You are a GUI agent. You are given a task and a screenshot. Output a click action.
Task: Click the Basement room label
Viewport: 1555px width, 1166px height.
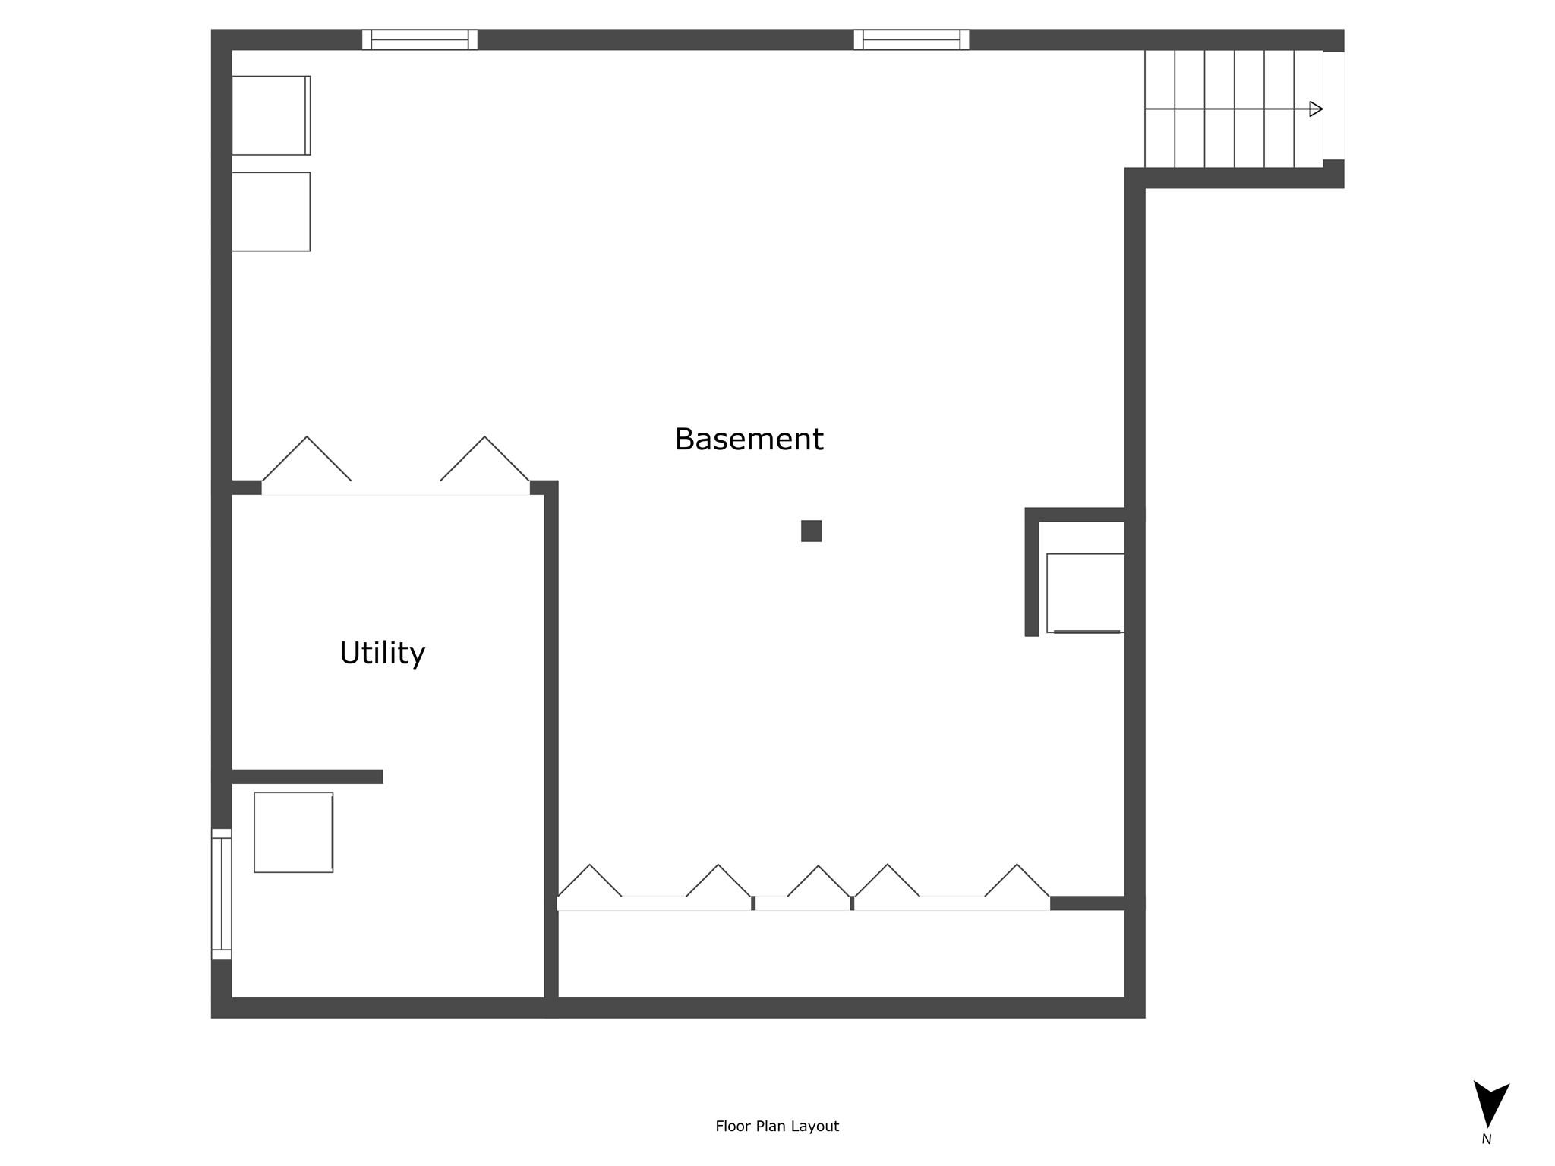[749, 440]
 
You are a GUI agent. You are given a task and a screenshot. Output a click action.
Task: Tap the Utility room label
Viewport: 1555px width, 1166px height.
[382, 654]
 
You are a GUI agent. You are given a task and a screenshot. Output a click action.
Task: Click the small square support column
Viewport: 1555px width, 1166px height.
[811, 531]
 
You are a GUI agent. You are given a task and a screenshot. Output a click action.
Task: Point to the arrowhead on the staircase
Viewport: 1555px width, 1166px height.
[1317, 109]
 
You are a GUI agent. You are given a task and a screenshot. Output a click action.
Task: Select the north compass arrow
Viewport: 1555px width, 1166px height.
[1490, 1104]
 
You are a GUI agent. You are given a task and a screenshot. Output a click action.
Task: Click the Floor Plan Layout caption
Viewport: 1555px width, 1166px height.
[777, 1127]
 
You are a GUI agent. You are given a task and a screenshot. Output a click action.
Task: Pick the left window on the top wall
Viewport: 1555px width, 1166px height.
[420, 39]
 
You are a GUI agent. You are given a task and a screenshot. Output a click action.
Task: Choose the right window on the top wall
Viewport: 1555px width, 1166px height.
[911, 39]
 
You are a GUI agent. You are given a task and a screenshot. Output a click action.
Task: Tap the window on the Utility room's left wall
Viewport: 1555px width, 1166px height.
[221, 893]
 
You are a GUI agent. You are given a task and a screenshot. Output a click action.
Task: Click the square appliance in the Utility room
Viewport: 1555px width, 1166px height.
[294, 832]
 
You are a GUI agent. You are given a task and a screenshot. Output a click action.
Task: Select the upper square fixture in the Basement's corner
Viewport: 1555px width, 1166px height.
[271, 115]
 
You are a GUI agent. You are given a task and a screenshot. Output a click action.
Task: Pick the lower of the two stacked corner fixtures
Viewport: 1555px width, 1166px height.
[271, 212]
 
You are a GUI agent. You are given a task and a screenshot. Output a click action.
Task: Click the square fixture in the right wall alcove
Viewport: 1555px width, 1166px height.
[1085, 593]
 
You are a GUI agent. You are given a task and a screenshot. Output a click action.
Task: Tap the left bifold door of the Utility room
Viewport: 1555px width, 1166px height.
[307, 459]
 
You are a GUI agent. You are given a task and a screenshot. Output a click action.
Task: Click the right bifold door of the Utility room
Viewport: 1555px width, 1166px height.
[485, 459]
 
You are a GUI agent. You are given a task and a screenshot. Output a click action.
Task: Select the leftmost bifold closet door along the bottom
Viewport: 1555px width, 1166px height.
[590, 881]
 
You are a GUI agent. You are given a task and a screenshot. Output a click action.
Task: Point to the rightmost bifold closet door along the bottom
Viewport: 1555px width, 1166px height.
[1017, 881]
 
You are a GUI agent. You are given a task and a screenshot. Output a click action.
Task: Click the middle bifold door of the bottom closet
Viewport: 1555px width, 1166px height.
[819, 881]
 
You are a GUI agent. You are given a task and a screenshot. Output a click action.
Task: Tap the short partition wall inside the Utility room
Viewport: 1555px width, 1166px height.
[307, 777]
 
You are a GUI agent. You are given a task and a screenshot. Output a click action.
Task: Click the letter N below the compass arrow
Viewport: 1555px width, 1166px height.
[1486, 1139]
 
